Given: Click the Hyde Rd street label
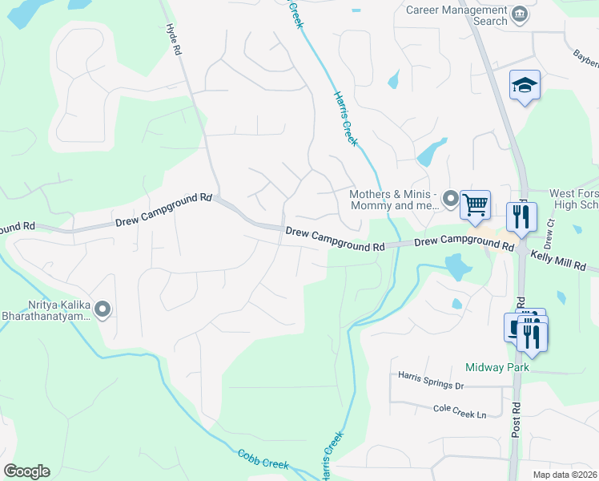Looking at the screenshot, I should [174, 39].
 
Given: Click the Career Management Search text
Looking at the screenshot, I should [456, 15].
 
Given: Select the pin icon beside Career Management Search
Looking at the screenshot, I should [520, 14].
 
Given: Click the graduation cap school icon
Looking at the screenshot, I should [525, 86].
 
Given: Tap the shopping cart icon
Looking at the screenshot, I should [475, 205].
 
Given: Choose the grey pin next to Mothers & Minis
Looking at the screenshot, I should [450, 199].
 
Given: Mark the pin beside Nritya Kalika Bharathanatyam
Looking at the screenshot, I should [102, 309].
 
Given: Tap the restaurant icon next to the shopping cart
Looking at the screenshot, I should [521, 217].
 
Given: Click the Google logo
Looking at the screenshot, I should [26, 471].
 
